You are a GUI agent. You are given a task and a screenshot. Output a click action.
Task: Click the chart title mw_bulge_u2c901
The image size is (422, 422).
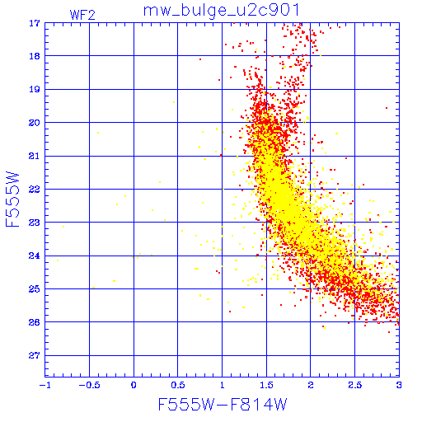pyautogui.click(x=221, y=11)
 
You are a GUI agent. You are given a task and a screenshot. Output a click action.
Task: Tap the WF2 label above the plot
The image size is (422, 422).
pyautogui.click(x=82, y=15)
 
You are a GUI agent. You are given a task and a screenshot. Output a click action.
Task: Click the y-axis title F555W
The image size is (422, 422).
pyautogui.click(x=12, y=199)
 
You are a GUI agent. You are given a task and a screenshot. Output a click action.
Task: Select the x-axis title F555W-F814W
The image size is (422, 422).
pyautogui.click(x=223, y=405)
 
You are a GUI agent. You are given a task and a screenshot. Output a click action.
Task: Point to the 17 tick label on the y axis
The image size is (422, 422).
pyautogui.click(x=35, y=23)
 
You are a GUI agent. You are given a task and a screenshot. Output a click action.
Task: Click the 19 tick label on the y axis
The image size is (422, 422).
pyautogui.click(x=35, y=90)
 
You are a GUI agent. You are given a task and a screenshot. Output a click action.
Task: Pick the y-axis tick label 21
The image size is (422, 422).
pyautogui.click(x=35, y=156)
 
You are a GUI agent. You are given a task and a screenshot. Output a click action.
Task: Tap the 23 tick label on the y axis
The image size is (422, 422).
pyautogui.click(x=35, y=223)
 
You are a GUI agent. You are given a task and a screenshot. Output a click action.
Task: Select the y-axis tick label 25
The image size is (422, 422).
pyautogui.click(x=35, y=289)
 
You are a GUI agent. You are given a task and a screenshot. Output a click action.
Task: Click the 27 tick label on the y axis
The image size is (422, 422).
pyautogui.click(x=35, y=356)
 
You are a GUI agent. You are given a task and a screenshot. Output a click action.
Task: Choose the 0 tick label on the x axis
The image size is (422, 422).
pyautogui.click(x=134, y=385)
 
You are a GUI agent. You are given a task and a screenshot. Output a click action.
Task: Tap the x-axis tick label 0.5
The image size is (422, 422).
pyautogui.click(x=178, y=385)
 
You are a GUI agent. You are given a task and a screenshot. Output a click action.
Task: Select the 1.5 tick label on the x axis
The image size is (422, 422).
pyautogui.click(x=266, y=385)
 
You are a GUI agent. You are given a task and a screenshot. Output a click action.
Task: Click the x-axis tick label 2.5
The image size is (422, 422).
pyautogui.click(x=355, y=385)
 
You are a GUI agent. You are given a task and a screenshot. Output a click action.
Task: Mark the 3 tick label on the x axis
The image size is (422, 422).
pyautogui.click(x=399, y=385)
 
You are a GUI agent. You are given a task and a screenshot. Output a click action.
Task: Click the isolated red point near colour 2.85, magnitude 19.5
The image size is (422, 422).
pyautogui.click(x=387, y=108)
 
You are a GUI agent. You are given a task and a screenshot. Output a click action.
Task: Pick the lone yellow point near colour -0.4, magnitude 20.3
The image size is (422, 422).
pyautogui.click(x=98, y=133)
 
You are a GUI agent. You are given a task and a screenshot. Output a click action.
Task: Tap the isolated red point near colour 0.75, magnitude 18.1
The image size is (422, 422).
pyautogui.click(x=200, y=59)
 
